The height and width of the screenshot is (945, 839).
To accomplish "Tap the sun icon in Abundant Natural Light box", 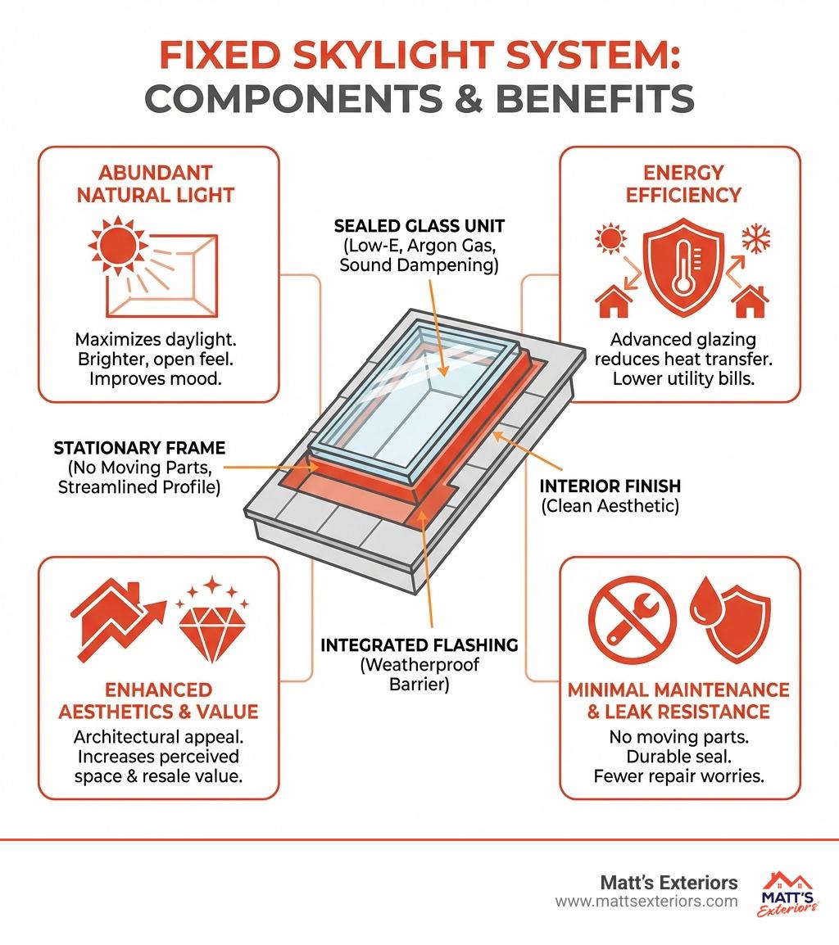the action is (x=116, y=246).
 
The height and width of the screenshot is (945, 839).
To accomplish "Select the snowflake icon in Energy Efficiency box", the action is (x=755, y=238).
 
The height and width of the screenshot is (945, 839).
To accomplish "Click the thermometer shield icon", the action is (x=683, y=266).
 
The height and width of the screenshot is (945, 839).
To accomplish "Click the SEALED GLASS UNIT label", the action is (x=419, y=226).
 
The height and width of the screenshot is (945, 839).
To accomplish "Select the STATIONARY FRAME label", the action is (x=139, y=448).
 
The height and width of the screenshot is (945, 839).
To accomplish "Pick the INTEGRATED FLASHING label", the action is (x=419, y=645).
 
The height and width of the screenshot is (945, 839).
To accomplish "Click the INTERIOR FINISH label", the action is (x=610, y=486).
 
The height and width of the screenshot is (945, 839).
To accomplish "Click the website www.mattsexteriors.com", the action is (x=646, y=902).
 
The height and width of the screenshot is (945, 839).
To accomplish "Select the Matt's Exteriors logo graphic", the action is (x=787, y=894).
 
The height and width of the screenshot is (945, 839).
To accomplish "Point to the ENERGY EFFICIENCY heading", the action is (x=683, y=183).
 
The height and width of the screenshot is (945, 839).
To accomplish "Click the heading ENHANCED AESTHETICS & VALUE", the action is (x=158, y=700).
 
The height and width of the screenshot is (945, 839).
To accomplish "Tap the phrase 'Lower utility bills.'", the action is (x=683, y=378).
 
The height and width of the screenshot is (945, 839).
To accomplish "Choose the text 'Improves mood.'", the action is (x=156, y=378).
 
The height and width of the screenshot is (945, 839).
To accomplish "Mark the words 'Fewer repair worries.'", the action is (x=678, y=776).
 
